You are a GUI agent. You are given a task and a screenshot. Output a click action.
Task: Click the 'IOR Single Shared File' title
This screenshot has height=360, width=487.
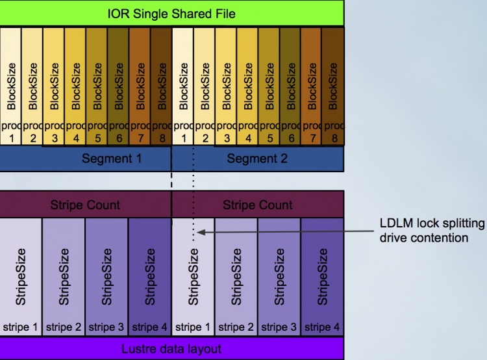[171, 14]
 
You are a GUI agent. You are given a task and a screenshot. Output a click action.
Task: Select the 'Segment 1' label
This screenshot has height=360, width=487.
[112, 159]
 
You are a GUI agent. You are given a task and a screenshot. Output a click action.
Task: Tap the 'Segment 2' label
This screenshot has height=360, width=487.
[257, 159]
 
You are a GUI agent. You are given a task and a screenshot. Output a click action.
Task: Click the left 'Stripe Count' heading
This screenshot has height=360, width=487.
[85, 205]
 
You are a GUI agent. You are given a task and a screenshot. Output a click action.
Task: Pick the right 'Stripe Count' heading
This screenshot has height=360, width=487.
[258, 205]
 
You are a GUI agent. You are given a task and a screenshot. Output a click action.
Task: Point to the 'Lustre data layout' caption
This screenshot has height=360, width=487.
[171, 349]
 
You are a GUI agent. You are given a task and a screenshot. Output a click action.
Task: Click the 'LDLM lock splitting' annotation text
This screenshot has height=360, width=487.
[432, 223]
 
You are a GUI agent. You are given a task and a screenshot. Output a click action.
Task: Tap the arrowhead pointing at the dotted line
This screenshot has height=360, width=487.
[201, 232]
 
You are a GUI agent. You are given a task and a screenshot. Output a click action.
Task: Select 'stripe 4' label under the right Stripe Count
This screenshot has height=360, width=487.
[322, 327]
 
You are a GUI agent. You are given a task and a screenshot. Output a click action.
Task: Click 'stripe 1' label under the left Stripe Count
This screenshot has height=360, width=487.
[20, 327]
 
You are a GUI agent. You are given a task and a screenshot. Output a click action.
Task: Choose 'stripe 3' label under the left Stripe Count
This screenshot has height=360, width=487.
[106, 327]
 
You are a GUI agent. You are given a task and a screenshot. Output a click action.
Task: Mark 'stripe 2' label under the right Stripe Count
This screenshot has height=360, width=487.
[236, 327]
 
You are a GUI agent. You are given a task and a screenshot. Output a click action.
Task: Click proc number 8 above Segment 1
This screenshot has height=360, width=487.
[162, 138]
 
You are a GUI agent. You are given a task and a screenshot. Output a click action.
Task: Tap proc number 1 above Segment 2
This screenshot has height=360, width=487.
[184, 138]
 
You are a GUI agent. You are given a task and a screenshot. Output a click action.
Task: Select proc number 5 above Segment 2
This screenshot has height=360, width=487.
[270, 138]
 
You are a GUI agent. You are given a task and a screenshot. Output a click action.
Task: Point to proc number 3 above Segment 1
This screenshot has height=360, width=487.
[55, 138]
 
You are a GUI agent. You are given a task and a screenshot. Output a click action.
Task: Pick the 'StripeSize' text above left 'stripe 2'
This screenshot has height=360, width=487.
[64, 277]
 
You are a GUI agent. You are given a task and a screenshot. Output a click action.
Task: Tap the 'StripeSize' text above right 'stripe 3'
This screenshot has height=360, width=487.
[279, 277]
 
